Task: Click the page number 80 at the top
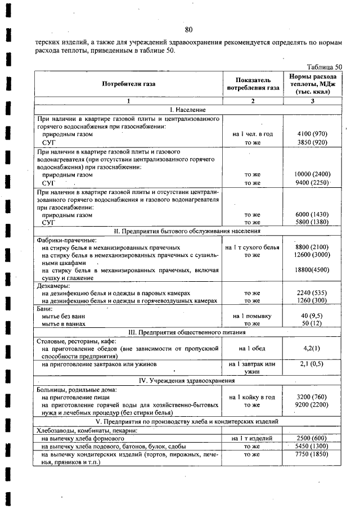coord(188,29)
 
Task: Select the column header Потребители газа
coord(128,84)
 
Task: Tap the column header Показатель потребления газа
coord(253,84)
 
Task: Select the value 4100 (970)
coord(312,134)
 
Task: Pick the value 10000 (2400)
coord(312,174)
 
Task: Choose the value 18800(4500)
coord(312,270)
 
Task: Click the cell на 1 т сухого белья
coord(253,247)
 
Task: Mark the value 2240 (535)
coord(312,293)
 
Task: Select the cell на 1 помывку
coord(253,316)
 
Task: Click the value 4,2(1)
coord(312,349)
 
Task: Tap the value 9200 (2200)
coord(312,404)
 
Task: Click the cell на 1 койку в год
coord(253,397)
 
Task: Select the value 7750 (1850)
coord(312,454)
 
